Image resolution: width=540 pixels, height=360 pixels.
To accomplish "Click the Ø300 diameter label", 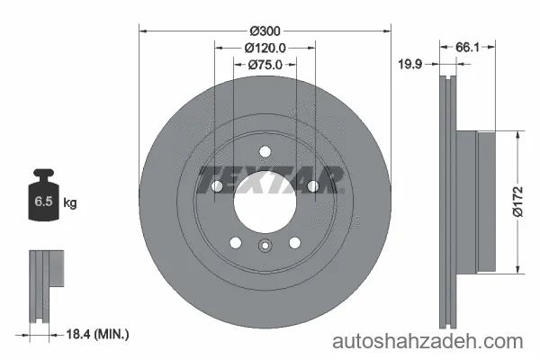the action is click(265, 31).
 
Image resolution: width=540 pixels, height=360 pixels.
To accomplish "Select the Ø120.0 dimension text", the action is click(265, 48).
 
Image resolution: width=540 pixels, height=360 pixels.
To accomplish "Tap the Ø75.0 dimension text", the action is click(265, 65).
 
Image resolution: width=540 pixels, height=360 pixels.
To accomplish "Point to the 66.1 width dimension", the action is click(467, 47).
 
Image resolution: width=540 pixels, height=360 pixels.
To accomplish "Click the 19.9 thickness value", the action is click(410, 64).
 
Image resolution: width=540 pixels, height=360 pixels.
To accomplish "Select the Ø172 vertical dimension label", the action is click(517, 202).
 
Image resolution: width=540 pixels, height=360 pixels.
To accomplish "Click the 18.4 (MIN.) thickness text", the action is click(97, 334).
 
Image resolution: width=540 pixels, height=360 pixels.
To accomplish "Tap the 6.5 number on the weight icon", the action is click(43, 201).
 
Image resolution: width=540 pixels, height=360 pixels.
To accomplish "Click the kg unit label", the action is click(70, 202).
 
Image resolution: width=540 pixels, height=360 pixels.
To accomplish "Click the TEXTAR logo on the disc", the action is click(271, 180).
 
